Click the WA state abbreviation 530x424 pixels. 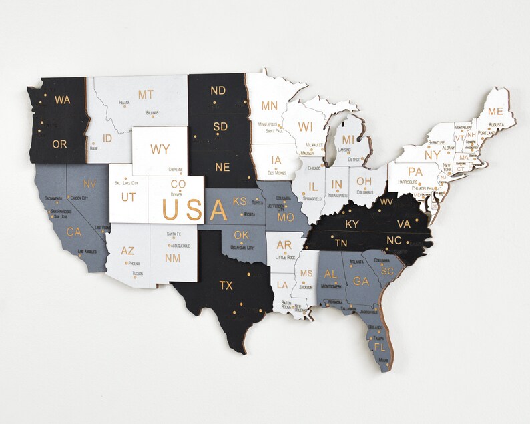click(x=62, y=100)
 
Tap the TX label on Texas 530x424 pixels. click(x=226, y=286)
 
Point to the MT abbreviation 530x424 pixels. click(x=146, y=95)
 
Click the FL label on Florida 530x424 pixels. click(x=380, y=347)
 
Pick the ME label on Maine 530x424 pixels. click(x=495, y=111)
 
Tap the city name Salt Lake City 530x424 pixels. click(x=126, y=182)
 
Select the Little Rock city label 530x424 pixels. click(x=285, y=257)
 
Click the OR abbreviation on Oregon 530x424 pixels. click(x=59, y=144)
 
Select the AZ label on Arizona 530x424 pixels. click(x=127, y=251)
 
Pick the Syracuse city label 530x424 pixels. click(x=418, y=143)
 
